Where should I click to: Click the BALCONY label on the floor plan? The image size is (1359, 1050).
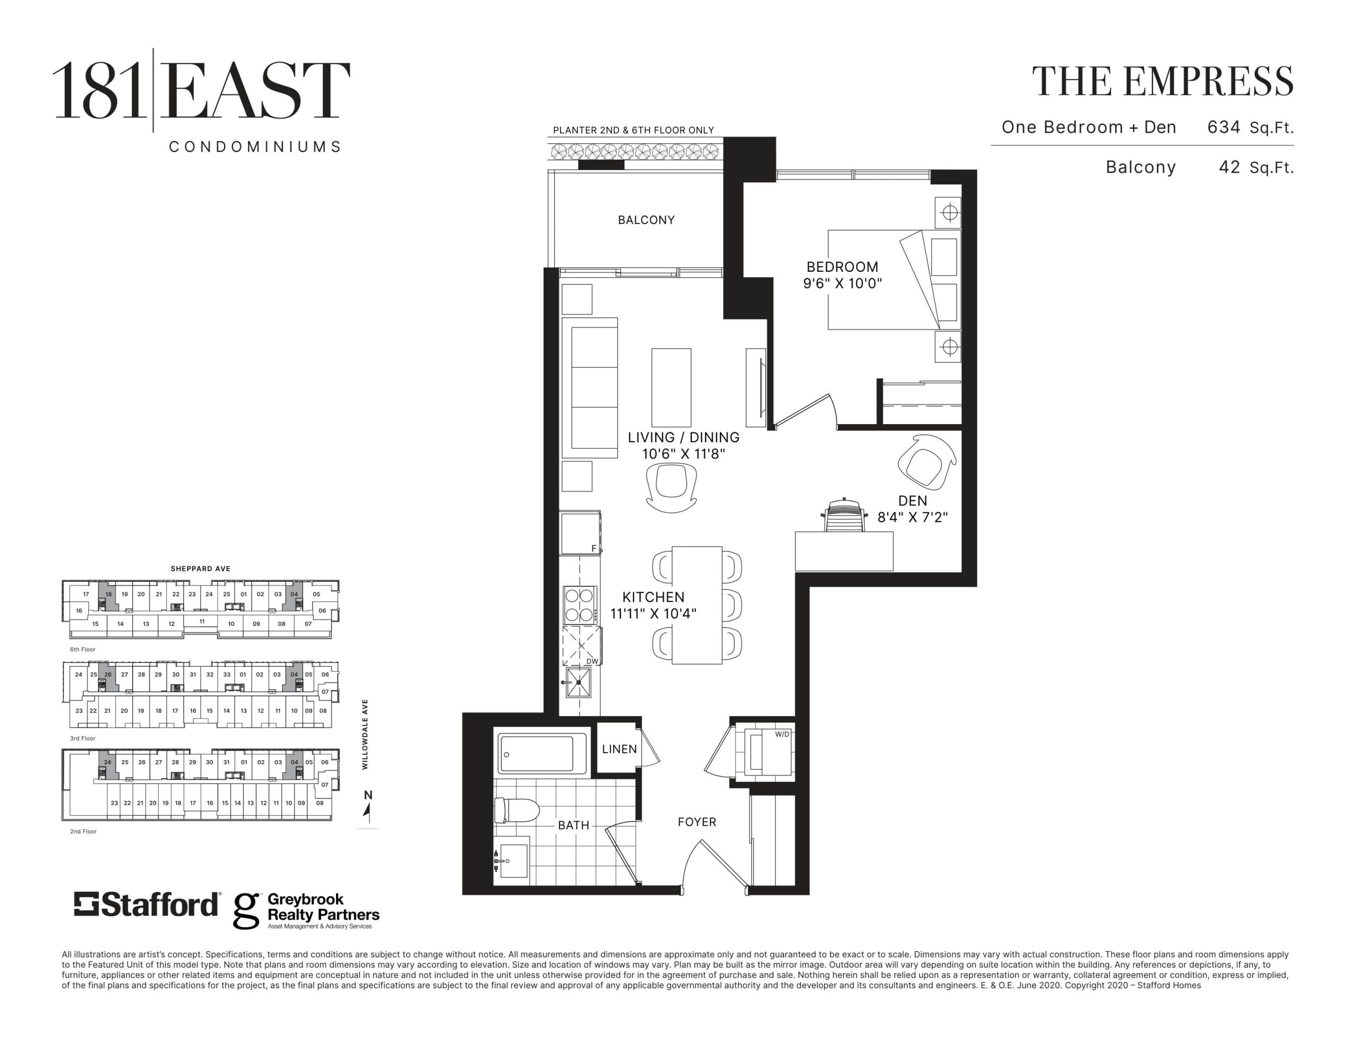click(x=646, y=220)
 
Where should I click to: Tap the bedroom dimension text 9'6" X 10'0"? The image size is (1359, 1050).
click(x=842, y=284)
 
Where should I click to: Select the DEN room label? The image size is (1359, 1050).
click(x=912, y=501)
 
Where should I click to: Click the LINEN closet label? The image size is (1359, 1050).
click(x=619, y=750)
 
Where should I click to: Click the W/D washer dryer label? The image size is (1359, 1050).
click(x=781, y=735)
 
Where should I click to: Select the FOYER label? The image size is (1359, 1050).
click(x=697, y=822)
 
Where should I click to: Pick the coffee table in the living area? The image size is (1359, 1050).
click(x=671, y=387)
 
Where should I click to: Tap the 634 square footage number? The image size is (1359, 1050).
click(x=1223, y=127)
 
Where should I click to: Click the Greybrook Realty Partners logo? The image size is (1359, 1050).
click(x=306, y=910)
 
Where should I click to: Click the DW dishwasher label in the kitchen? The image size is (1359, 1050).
click(x=592, y=661)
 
